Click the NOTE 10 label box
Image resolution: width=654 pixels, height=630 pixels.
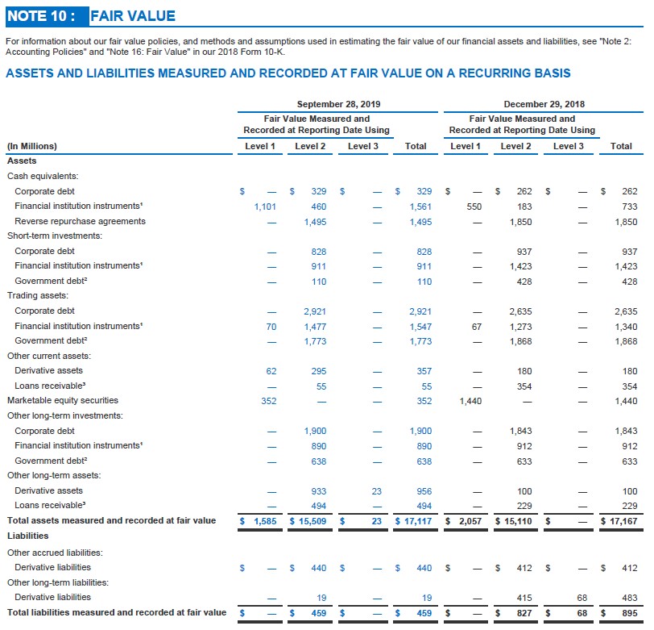(x=43, y=15)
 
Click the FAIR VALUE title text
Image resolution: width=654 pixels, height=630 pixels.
(x=132, y=15)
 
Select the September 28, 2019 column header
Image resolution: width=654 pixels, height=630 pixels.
(x=338, y=104)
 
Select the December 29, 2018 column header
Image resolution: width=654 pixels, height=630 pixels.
(x=544, y=104)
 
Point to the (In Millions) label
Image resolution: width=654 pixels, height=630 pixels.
(x=32, y=146)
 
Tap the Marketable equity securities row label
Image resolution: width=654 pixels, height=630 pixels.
(x=63, y=400)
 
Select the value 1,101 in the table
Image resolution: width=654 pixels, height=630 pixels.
(x=265, y=207)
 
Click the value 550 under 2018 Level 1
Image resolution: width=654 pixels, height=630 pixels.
(x=474, y=207)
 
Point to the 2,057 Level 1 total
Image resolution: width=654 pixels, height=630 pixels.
(x=470, y=521)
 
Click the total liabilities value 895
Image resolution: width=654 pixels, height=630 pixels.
(x=629, y=613)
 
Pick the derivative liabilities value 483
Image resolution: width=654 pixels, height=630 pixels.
(x=629, y=598)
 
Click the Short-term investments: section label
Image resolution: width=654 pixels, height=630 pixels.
(x=54, y=236)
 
